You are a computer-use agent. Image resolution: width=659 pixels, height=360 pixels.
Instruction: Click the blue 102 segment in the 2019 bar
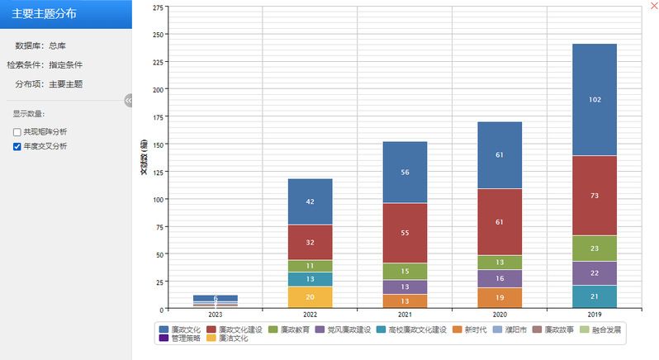point(594,99)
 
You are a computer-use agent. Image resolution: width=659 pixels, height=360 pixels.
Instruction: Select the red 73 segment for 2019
point(594,195)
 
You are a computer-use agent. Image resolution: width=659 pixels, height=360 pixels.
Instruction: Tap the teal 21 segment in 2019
point(594,296)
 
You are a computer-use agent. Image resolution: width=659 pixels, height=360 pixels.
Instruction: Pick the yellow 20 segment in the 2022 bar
point(310,297)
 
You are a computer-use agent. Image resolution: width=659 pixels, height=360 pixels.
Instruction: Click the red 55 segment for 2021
point(405,234)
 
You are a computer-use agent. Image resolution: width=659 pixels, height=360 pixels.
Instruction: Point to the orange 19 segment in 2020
point(500,298)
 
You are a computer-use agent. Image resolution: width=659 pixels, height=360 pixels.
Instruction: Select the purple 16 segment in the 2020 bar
point(500,279)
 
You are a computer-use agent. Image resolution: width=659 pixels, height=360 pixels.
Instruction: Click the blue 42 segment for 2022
point(310,201)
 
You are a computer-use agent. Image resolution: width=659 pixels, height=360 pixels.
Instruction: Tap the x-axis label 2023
point(215,315)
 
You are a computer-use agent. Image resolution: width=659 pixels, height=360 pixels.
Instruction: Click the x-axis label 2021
point(405,315)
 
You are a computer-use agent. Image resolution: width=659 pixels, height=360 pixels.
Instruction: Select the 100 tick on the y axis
point(159,199)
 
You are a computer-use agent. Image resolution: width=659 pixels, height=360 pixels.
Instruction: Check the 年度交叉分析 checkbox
point(17,146)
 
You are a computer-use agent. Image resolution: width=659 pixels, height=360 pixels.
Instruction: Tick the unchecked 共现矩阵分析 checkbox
point(17,132)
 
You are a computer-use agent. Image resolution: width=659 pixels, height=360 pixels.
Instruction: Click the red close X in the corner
point(654,6)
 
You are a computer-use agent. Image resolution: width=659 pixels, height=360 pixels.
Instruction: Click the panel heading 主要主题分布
point(46,13)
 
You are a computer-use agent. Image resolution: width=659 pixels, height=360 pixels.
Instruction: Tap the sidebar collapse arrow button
point(129,100)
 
